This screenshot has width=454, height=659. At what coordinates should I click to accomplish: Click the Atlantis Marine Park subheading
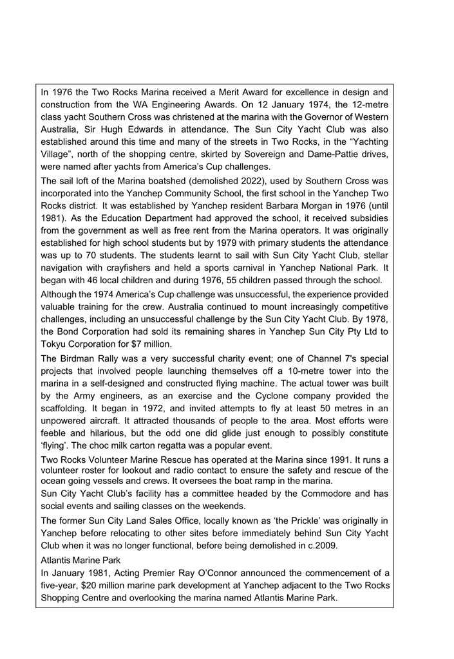pyautogui.click(x=84, y=561)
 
